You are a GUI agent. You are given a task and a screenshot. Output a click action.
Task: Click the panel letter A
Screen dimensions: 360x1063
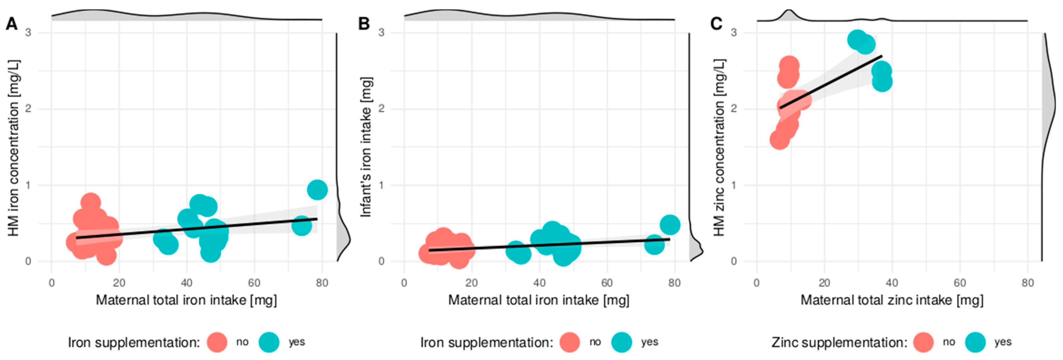(12, 24)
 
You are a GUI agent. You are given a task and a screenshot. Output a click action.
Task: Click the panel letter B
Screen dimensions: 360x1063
(364, 24)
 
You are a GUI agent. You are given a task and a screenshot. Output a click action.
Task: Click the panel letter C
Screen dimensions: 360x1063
(716, 24)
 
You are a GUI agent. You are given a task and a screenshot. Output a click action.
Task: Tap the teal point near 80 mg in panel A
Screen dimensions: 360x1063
(317, 190)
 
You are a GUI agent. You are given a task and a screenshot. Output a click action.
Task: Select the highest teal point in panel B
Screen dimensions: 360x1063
(670, 225)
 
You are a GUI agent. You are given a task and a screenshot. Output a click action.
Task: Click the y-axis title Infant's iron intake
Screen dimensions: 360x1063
(366, 147)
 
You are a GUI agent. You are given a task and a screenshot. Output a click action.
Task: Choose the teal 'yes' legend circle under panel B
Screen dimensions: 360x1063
(622, 342)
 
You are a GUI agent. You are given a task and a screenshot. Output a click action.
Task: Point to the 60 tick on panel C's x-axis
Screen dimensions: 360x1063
(960, 283)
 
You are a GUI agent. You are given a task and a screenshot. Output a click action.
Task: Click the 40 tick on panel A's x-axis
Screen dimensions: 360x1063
(187, 283)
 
